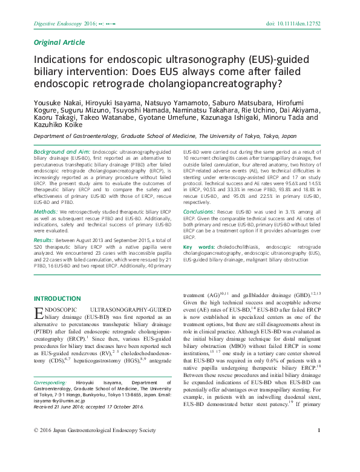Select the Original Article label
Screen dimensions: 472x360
pyautogui.click(x=59, y=43)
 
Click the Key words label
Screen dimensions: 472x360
pyautogui.click(x=198, y=247)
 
